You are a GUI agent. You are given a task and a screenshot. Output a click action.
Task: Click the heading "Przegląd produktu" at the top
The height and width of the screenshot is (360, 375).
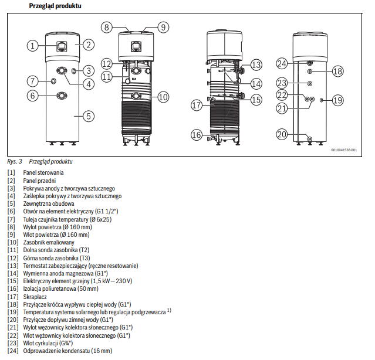point(55,6)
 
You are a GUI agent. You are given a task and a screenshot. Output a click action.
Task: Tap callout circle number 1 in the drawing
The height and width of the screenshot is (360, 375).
point(33,45)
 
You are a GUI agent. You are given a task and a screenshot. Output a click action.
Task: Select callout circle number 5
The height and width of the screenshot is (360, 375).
point(87,116)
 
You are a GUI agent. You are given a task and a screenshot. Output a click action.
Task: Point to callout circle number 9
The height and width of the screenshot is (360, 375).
point(163,27)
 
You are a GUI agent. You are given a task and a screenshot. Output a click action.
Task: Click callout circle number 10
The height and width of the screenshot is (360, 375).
point(163,97)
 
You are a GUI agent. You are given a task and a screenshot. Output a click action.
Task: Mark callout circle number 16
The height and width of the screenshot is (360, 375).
point(196,135)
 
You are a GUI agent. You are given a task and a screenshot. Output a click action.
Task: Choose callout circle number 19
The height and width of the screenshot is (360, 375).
point(336,101)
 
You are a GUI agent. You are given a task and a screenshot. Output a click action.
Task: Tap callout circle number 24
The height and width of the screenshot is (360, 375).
point(282,63)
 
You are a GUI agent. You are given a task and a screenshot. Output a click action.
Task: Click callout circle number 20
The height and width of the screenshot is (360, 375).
point(282,134)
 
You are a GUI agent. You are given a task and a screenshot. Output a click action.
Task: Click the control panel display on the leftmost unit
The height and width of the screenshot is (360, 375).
point(61,45)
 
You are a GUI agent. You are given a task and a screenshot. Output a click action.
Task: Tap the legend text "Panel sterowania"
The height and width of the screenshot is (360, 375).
point(43,173)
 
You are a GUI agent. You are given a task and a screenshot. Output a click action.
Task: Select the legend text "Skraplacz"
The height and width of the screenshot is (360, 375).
point(36,296)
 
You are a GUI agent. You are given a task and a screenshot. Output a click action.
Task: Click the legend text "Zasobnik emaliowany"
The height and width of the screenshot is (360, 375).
point(49,242)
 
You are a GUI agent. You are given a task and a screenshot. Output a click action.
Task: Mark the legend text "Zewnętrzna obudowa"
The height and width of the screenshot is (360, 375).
point(49,203)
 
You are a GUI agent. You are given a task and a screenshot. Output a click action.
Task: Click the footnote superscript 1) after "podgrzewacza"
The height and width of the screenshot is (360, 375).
point(169,310)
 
